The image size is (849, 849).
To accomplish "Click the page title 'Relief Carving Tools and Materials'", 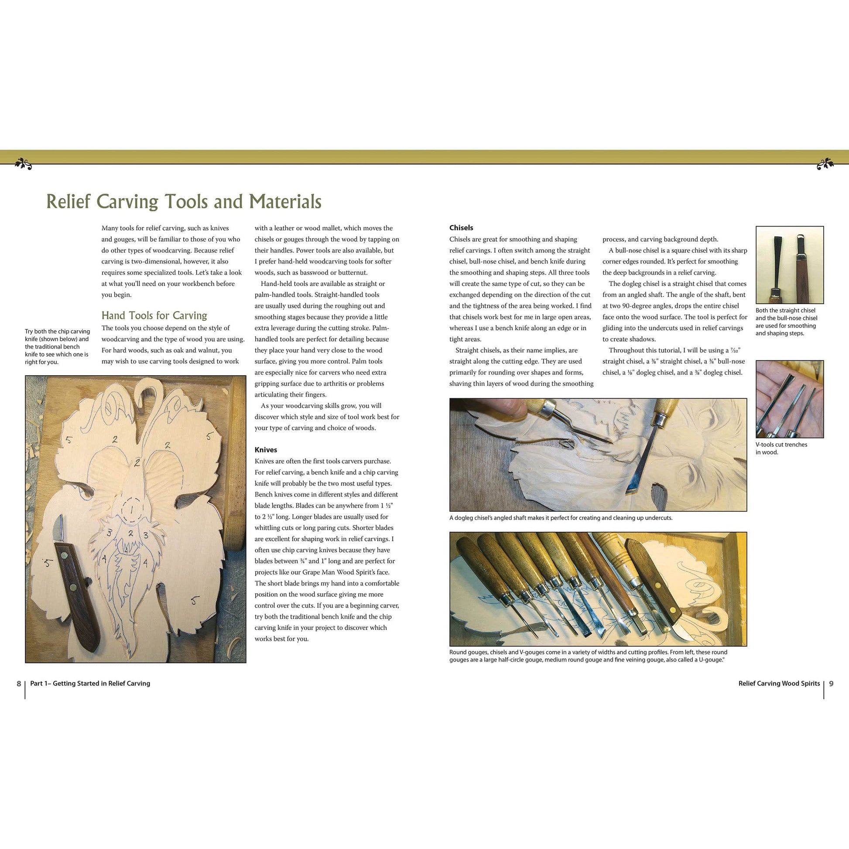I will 184,202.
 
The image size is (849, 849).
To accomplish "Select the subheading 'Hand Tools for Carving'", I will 154,315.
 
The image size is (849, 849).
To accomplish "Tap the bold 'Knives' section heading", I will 266,450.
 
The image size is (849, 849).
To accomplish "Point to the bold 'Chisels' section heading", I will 461,228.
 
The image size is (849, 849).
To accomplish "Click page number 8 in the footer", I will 19,683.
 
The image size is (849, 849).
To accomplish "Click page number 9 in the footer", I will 831,683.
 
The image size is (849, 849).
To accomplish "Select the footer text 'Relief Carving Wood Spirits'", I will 779,683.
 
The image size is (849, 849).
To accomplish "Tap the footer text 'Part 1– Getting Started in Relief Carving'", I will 90,683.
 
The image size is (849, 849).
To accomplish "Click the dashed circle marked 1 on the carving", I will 132,510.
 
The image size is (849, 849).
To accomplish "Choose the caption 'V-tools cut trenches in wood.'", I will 781,448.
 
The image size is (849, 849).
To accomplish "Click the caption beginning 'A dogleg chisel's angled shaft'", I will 561,518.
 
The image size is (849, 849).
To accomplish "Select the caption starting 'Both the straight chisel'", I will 786,322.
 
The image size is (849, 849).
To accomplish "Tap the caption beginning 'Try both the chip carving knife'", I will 57,346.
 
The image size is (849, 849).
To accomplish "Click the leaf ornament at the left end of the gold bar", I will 23,164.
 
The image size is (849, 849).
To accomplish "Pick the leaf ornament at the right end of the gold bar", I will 825,164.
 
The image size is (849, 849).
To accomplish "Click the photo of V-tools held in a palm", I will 789,399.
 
